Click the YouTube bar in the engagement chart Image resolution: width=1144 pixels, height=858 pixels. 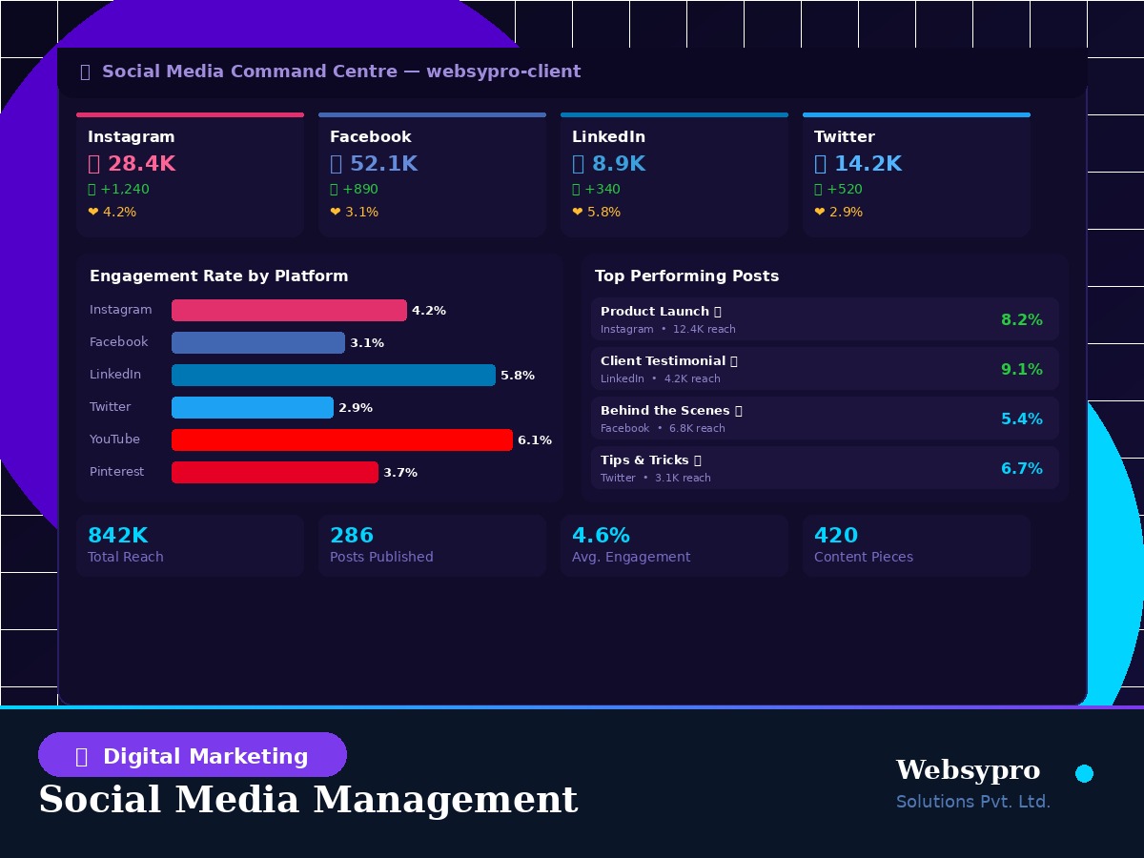341,439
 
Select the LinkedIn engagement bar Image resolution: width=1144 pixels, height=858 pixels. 333,375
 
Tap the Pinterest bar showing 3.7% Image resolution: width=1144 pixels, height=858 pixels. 275,472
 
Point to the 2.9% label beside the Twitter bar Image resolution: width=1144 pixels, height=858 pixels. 355,408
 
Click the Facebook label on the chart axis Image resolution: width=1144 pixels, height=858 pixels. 118,342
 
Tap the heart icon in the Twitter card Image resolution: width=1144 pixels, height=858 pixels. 820,213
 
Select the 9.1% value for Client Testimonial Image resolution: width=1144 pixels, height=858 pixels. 1021,370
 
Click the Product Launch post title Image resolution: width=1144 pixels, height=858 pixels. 655,312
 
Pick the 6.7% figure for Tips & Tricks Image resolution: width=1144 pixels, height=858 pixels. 1021,469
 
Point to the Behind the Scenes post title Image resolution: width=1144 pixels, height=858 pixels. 665,411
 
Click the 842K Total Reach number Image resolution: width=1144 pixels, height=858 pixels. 117,536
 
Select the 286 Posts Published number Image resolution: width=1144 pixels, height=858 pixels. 352,536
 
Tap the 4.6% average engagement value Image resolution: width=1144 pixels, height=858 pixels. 601,536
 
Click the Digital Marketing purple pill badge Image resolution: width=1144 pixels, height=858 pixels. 193,755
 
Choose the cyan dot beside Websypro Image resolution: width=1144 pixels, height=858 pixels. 1084,773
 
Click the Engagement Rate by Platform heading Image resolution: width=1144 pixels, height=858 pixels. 218,276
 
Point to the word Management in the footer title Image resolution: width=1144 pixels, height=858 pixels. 446,799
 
